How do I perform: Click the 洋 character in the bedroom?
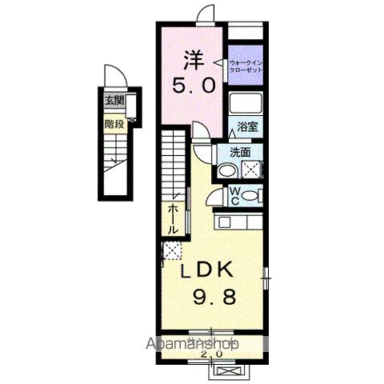[194, 58]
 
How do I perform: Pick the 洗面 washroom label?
[241, 151]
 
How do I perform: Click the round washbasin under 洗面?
[228, 169]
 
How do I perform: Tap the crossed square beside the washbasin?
[252, 169]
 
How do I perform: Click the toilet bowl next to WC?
[251, 195]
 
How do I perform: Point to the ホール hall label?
[172, 218]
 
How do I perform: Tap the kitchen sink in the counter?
[250, 222]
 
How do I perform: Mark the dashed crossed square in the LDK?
[170, 250]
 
